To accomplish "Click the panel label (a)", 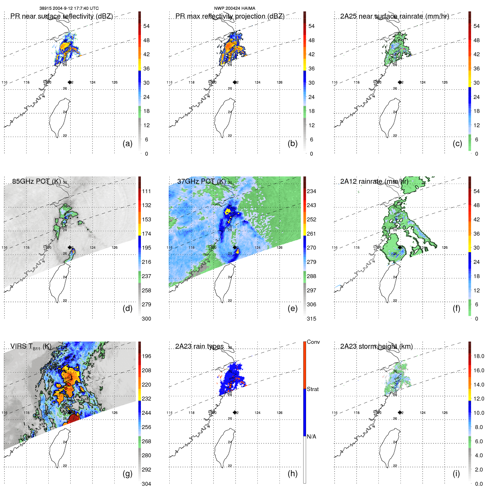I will coord(127,144).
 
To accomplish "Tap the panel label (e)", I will coord(292,309).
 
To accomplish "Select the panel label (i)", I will coord(456,474).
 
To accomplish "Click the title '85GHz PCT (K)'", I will coord(36,181).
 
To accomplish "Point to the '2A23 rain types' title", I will coord(199,347).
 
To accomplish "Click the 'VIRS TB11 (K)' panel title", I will coord(31,347).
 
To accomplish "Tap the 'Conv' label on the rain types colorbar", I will coord(313,342).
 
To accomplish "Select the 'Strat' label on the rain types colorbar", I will coord(312,389).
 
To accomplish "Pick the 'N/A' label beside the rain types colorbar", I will coord(311,437).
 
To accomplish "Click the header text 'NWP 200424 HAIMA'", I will coord(235,8).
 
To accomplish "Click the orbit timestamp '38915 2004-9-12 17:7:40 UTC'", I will coord(69,8).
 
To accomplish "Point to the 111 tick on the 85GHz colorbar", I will coord(146,191).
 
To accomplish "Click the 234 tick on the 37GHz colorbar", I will coord(311,191).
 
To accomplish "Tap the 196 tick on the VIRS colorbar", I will coord(146,356).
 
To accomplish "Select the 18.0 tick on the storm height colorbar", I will coord(479,356).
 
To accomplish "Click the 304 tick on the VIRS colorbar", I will coord(146,484).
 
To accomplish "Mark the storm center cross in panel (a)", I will coord(70,82).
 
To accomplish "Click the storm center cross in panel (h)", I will coord(235,412).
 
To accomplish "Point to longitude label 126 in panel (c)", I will coord(445,82).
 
